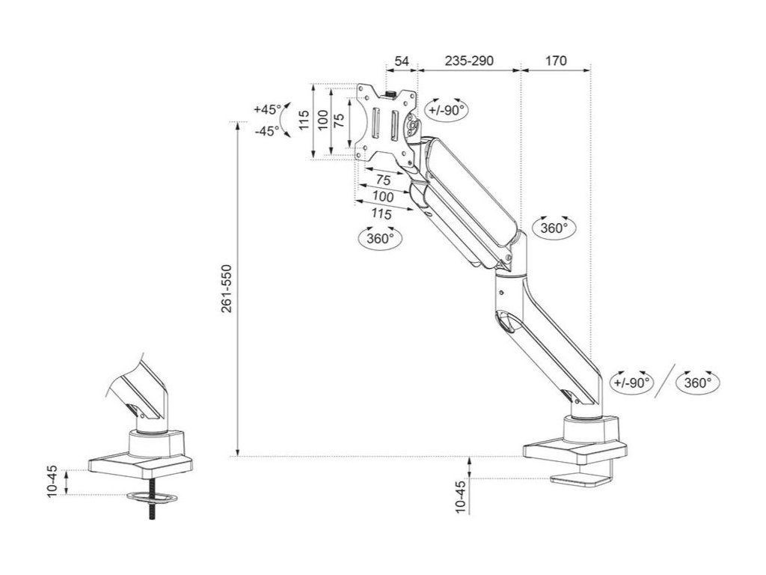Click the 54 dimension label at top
[x=402, y=61]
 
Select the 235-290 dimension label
[x=469, y=61]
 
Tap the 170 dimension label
[x=556, y=61]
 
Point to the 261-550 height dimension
[x=227, y=288]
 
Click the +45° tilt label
[x=267, y=109]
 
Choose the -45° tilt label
[x=267, y=130]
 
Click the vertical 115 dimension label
[x=304, y=120]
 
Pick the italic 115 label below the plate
[x=382, y=214]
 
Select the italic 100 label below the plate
[x=382, y=197]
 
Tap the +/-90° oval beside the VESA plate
[x=447, y=109]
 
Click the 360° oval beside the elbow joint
[x=554, y=228]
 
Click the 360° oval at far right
[x=697, y=383]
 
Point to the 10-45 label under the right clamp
[x=461, y=496]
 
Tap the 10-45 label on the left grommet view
[x=53, y=481]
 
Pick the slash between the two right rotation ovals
[x=664, y=382]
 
